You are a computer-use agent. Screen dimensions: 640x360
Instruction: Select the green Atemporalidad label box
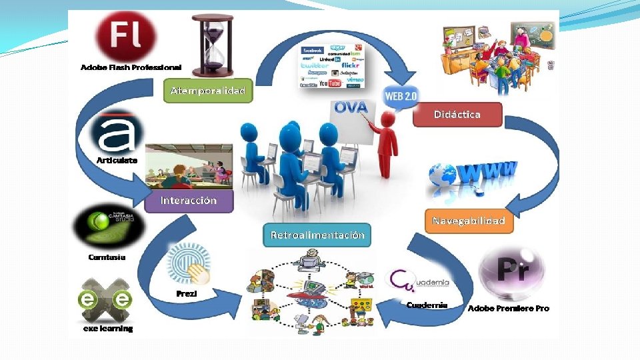click(x=208, y=91)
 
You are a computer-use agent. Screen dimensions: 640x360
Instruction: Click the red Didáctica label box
click(x=457, y=115)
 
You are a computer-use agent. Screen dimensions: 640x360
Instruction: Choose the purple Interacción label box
click(x=189, y=200)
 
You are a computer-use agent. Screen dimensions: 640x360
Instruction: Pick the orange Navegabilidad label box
click(x=469, y=221)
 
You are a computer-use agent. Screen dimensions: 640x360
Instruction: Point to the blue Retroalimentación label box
click(x=317, y=235)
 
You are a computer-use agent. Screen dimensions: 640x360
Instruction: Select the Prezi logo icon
click(x=188, y=265)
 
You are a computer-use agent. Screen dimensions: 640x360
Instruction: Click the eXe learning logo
click(x=106, y=300)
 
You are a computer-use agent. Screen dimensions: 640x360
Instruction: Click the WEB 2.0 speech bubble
click(x=400, y=97)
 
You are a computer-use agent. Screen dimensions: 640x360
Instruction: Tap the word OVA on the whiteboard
click(x=351, y=107)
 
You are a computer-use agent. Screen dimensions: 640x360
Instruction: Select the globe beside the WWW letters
click(x=442, y=175)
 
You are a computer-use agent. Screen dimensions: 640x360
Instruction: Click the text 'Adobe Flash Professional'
click(x=131, y=68)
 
